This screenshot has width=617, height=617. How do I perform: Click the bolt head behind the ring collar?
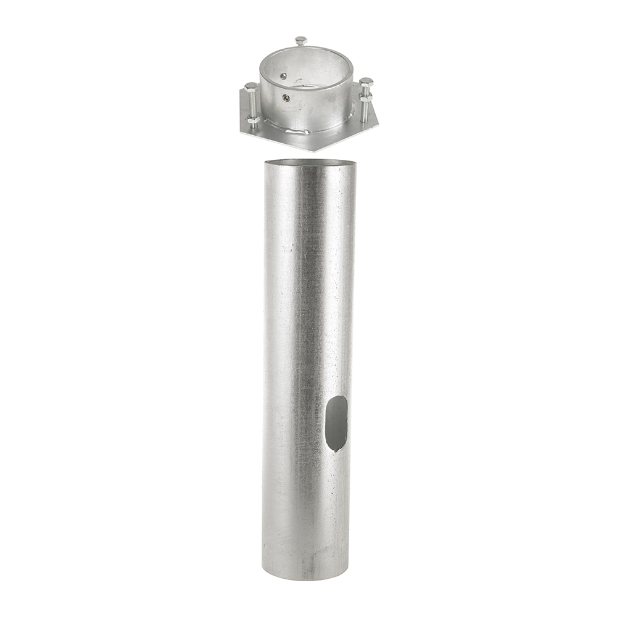tap(300, 41)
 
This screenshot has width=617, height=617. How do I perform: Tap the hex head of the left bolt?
tap(251, 86)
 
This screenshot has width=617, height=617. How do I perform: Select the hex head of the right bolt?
tap(366, 81)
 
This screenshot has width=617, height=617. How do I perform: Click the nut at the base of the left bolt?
tap(253, 120)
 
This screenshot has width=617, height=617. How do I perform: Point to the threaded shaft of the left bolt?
tap(252, 104)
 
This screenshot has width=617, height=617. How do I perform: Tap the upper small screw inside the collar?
tap(283, 77)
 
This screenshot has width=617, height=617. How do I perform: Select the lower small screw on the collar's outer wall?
tap(286, 97)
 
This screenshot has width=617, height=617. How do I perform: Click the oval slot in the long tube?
tap(336, 423)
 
